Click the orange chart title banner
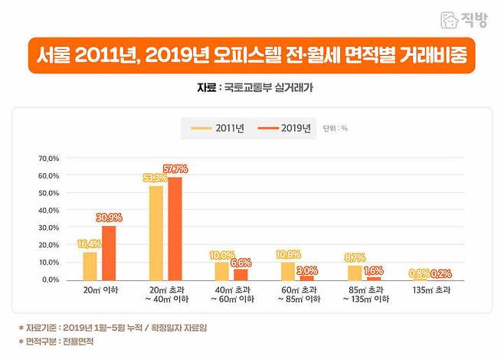[x=251, y=57]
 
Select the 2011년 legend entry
[x=218, y=128]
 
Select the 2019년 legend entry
[x=285, y=128]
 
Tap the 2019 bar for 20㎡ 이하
[x=109, y=253]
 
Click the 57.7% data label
[x=175, y=169]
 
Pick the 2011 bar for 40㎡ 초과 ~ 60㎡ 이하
[x=222, y=271]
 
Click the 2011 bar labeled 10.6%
[x=288, y=271]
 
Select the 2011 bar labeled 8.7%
[x=354, y=273]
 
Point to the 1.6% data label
[x=374, y=271]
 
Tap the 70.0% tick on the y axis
[x=48, y=159]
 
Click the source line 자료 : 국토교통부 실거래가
[x=251, y=88]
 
